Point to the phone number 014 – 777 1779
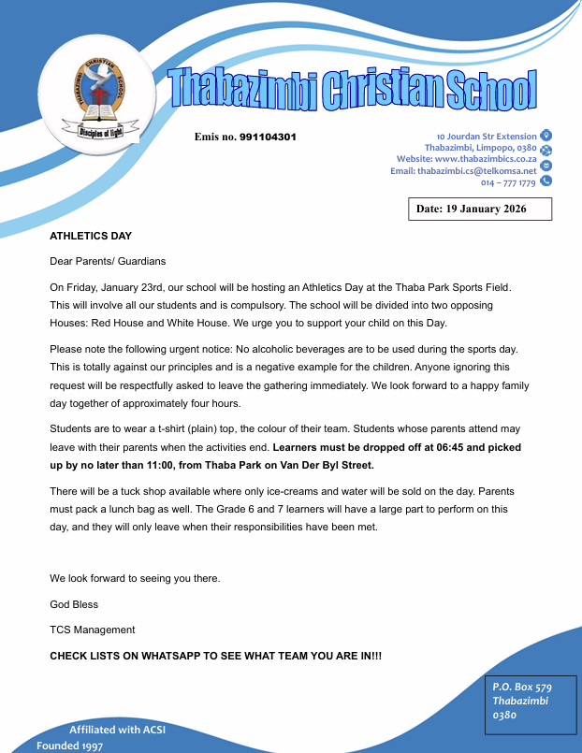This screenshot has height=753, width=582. (x=508, y=183)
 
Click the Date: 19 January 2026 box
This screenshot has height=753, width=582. (x=480, y=209)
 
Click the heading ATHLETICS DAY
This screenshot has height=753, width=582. (x=91, y=236)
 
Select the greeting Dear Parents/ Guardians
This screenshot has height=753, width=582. (x=108, y=262)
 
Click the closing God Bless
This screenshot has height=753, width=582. (x=74, y=603)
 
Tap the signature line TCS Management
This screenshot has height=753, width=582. (x=93, y=630)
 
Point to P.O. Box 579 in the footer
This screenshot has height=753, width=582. (x=522, y=687)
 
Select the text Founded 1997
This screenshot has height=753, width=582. (x=70, y=746)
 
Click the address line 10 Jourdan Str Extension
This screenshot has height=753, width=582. (x=487, y=137)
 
